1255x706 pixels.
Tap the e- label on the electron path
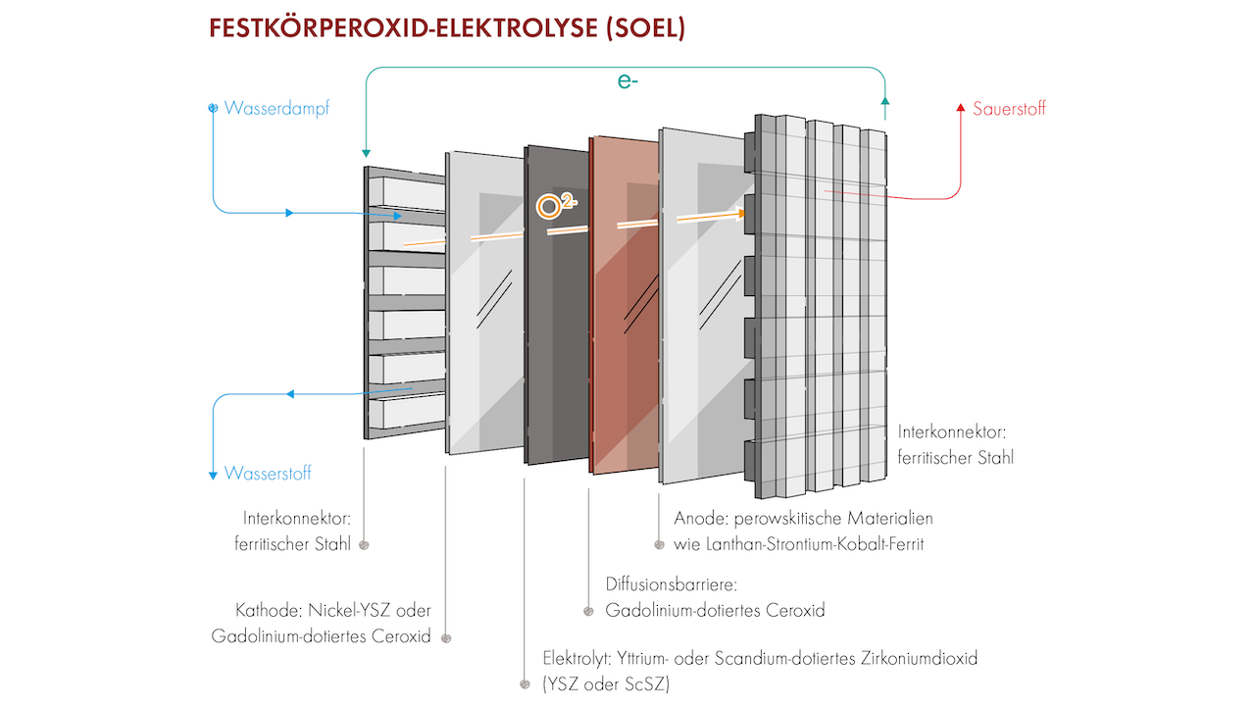[x=628, y=81]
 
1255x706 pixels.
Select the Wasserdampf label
[x=277, y=109]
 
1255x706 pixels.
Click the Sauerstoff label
[x=1009, y=109]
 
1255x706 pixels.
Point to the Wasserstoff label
[x=268, y=474]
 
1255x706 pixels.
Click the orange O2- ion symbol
[x=551, y=206]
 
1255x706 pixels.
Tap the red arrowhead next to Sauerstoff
[x=961, y=108]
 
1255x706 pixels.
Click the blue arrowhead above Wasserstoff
[x=213, y=476]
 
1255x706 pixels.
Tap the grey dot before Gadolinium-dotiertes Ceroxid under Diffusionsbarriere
[x=588, y=611]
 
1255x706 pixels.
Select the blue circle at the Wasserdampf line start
[x=213, y=108]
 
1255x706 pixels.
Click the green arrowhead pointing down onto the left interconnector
[x=365, y=154]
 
